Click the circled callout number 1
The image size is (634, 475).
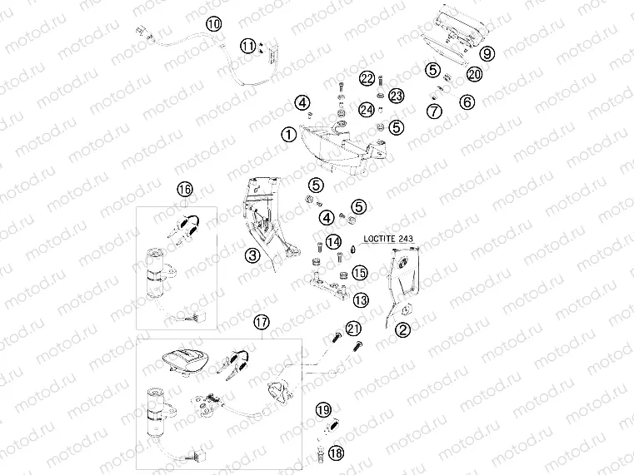pyautogui.click(x=287, y=134)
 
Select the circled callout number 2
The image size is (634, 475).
pyautogui.click(x=402, y=329)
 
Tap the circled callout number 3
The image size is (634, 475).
pyautogui.click(x=252, y=256)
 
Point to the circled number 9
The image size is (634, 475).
pyautogui.click(x=487, y=53)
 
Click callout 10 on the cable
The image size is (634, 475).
pyautogui.click(x=214, y=24)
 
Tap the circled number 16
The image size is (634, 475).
pyautogui.click(x=184, y=190)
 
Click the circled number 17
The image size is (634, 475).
pyautogui.click(x=262, y=322)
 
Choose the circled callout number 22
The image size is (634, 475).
pyautogui.click(x=368, y=79)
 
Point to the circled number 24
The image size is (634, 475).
pyautogui.click(x=367, y=109)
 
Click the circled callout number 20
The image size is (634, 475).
pyautogui.click(x=474, y=75)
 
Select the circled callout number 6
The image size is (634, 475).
pyautogui.click(x=467, y=102)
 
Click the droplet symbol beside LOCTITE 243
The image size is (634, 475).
pyautogui.click(x=352, y=247)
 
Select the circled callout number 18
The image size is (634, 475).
pyautogui.click(x=336, y=453)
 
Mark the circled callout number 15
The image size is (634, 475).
pyautogui.click(x=360, y=272)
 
